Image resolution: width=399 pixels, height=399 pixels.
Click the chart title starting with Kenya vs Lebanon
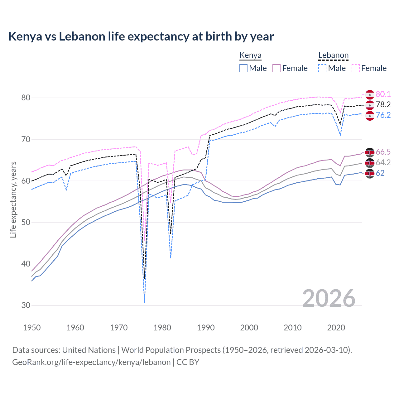[141, 36]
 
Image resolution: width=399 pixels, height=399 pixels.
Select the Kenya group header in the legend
[250, 55]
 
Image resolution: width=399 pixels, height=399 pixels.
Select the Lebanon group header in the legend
[333, 55]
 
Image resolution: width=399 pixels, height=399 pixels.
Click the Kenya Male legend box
[243, 68]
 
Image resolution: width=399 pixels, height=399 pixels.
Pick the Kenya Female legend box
[276, 68]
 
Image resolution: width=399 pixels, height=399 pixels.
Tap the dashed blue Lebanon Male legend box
[322, 68]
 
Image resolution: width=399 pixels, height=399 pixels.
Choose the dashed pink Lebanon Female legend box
[356, 68]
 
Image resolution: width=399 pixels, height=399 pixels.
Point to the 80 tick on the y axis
[26, 98]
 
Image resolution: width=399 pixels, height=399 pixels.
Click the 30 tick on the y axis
[26, 305]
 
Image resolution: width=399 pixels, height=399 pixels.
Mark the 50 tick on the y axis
[26, 222]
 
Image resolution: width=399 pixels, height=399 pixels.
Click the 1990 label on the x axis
[205, 328]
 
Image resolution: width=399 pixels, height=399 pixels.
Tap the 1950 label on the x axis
[32, 328]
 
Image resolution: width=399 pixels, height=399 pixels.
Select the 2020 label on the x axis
[336, 328]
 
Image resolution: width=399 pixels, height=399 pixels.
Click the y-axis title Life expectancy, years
[13, 199]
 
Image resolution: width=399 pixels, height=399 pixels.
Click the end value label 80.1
[383, 94]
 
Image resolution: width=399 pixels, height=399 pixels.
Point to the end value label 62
[380, 173]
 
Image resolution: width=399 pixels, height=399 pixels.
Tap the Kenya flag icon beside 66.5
[370, 152]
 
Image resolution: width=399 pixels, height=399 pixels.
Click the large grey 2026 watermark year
[329, 298]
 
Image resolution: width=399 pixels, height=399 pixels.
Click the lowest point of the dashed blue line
[145, 302]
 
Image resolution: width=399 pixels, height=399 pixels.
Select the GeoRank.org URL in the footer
[91, 362]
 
